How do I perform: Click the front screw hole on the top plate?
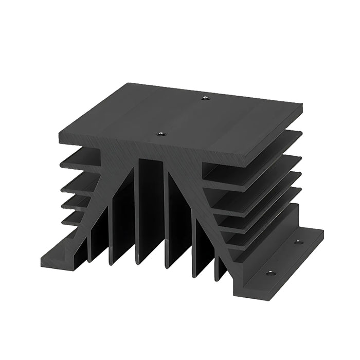[x=161, y=134]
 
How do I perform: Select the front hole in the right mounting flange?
[x=272, y=273]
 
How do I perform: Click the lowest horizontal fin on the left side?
[x=75, y=219]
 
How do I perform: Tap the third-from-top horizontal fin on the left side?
[x=77, y=201]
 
